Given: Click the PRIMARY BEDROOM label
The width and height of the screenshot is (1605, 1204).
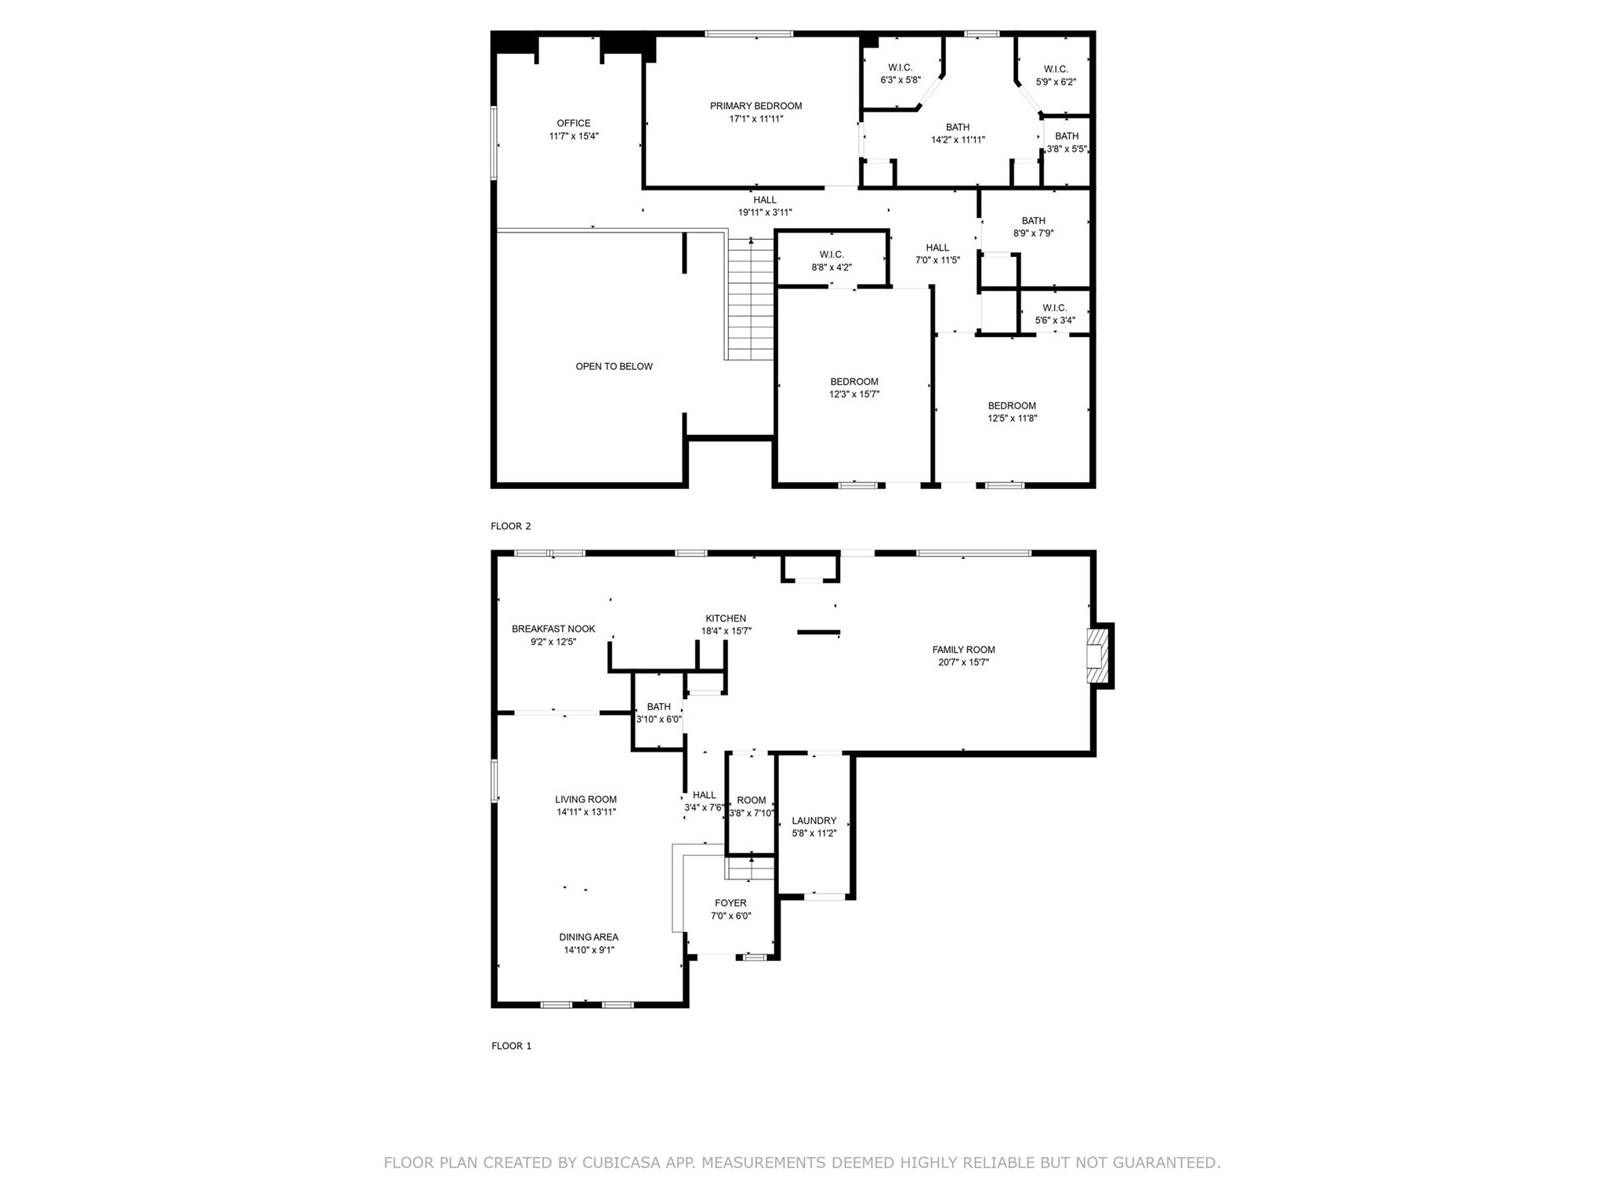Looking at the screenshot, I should tap(755, 106).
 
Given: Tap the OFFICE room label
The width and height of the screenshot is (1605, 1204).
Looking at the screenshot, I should tap(574, 123).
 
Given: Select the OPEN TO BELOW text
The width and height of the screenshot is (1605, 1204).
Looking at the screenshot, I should tap(614, 366).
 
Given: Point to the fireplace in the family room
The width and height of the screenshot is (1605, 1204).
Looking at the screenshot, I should tap(1099, 655).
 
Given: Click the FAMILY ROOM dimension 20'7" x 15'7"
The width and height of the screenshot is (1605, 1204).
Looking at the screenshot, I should tap(963, 662).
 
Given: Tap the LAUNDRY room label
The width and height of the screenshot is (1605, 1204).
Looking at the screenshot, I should tap(813, 821).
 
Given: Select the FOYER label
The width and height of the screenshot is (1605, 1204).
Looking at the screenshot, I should tap(730, 903).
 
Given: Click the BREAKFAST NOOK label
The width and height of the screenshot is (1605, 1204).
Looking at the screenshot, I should tap(553, 629).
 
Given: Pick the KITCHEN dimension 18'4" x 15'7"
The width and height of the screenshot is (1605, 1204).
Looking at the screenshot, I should tap(726, 631).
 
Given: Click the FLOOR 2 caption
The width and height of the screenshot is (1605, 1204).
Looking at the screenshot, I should tap(511, 526).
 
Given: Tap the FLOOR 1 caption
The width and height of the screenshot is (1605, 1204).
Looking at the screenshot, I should tap(511, 1046).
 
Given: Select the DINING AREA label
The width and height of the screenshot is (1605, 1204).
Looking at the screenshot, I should tap(589, 937).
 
